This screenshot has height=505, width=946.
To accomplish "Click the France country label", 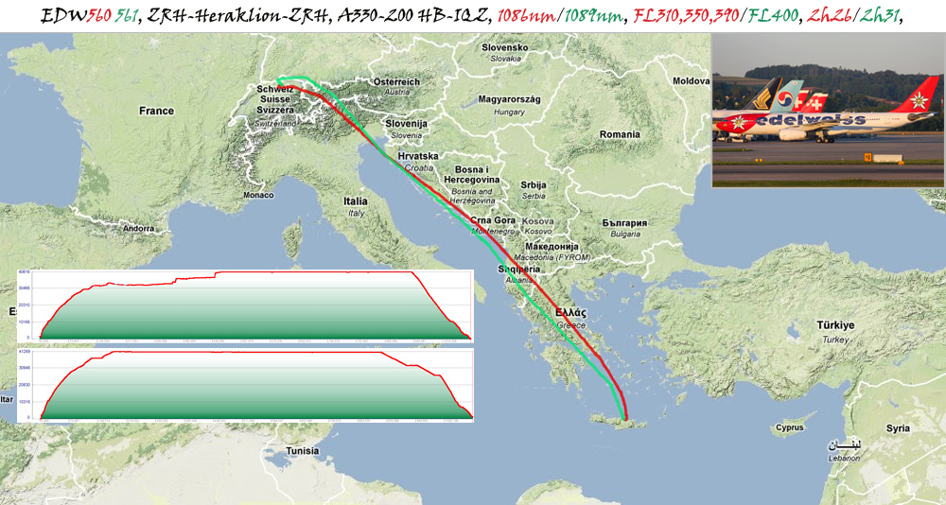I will click(x=156, y=111).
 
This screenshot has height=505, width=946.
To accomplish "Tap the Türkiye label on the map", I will click(x=836, y=325).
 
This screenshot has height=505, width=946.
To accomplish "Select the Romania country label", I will click(x=620, y=135).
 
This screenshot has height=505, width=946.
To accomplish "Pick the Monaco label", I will click(x=257, y=195).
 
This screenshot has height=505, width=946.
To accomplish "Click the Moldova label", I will click(x=691, y=82).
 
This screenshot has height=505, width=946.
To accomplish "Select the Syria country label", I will click(x=898, y=428).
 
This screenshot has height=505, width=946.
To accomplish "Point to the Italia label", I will click(x=356, y=201).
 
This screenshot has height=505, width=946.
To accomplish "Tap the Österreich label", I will click(x=395, y=82).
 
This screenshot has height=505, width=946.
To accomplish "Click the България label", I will click(x=624, y=223).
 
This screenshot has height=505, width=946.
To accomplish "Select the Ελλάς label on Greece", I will click(x=571, y=312).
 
